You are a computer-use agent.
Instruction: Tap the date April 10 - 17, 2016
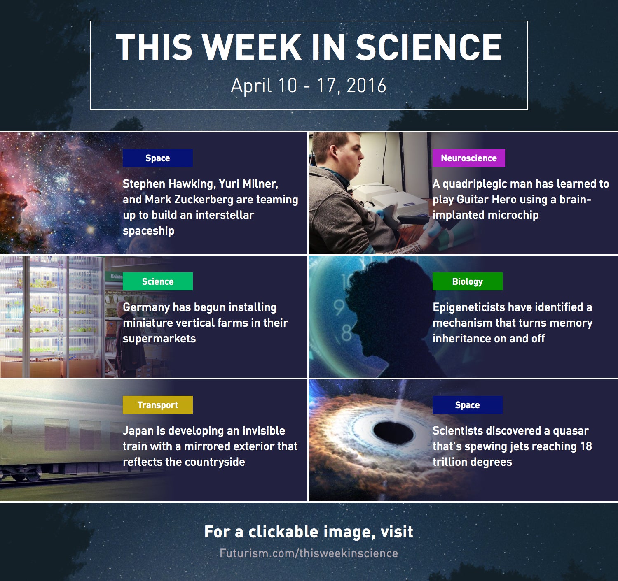pyautogui.click(x=308, y=86)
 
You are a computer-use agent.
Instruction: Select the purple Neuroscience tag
pyautogui.click(x=468, y=158)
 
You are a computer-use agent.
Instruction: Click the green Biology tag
pyautogui.click(x=467, y=281)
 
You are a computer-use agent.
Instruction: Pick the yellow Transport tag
pyautogui.click(x=158, y=405)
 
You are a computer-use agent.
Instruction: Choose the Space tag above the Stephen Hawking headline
pyautogui.click(x=158, y=158)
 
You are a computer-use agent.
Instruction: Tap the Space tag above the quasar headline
pyautogui.click(x=467, y=405)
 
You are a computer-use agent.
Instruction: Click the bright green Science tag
pyautogui.click(x=158, y=281)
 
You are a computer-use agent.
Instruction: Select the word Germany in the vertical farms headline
pyautogui.click(x=146, y=307)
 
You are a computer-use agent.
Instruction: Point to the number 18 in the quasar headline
pyautogui.click(x=586, y=446)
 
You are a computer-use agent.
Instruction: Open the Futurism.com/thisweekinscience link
pyautogui.click(x=309, y=553)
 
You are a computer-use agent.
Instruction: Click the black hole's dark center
pyautogui.click(x=393, y=432)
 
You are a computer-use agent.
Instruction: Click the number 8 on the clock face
pyautogui.click(x=346, y=333)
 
